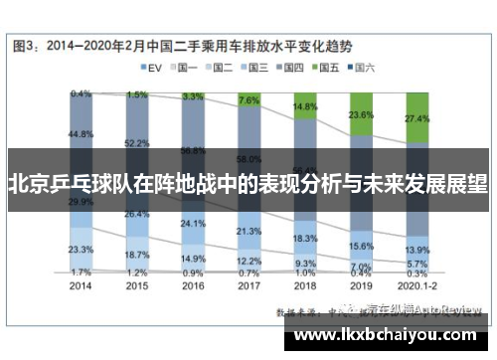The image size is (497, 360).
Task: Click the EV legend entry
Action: point(149,68)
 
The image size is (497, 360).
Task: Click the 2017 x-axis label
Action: point(249,284)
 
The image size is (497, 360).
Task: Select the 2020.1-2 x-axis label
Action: point(417,284)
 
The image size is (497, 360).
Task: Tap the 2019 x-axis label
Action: point(362,284)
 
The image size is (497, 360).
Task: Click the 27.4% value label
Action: point(417,118)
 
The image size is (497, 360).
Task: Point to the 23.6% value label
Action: point(362,116)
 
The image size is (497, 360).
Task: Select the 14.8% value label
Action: point(306,106)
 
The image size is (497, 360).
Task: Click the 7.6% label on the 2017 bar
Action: point(249,100)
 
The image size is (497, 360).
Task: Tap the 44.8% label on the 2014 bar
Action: point(82,133)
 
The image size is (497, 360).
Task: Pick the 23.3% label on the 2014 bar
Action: point(82,249)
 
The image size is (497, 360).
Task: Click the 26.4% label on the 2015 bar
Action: point(137,214)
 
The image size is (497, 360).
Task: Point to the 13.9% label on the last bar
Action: point(417,250)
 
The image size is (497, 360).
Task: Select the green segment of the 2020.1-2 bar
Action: point(417,124)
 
